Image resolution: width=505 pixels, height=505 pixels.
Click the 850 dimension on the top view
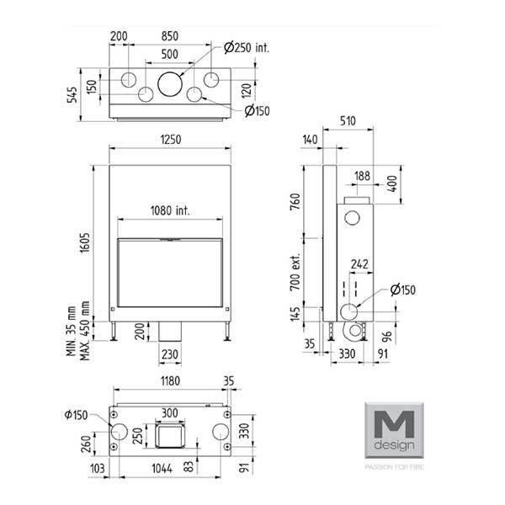pyautogui.click(x=169, y=37)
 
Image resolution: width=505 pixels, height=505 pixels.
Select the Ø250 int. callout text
pyautogui.click(x=247, y=48)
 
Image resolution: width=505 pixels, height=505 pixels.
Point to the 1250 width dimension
pyautogui.click(x=170, y=141)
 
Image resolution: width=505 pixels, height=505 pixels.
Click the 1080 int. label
pyautogui.click(x=171, y=210)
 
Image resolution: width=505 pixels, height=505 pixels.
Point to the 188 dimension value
pyautogui.click(x=363, y=176)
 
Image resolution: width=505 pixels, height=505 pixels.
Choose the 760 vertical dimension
pyautogui.click(x=295, y=205)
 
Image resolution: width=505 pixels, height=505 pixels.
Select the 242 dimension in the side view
pyautogui.click(x=359, y=264)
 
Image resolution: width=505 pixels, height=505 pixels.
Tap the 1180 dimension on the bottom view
pyautogui.click(x=170, y=381)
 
